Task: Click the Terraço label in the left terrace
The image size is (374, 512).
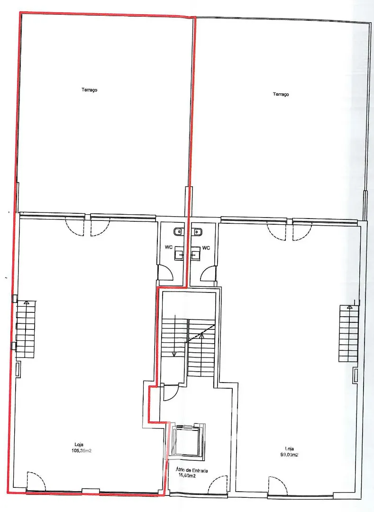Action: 90,90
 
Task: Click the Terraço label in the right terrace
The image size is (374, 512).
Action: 281,94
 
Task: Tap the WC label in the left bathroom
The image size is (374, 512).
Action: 169,247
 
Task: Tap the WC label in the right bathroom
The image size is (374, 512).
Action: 206,248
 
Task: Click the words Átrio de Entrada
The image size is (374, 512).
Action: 192,470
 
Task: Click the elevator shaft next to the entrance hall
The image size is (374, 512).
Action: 187,441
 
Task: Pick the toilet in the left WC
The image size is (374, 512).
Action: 179,231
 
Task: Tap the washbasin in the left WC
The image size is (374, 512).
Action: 179,253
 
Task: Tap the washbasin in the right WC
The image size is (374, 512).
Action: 195,253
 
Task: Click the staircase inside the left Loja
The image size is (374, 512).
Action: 26,329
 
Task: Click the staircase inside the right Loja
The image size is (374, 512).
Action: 349,333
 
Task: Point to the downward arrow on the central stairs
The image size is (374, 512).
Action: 175,335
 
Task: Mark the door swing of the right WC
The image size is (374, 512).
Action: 208,273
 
